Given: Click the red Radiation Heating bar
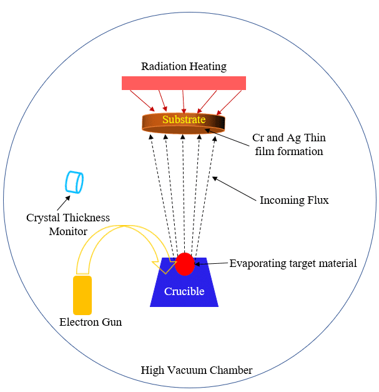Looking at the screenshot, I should (184, 83).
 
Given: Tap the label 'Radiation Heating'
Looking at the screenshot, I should (184, 66).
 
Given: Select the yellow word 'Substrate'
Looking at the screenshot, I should (184, 119).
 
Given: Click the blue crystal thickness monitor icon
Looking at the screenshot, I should (74, 181).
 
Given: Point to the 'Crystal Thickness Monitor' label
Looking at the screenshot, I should (68, 224).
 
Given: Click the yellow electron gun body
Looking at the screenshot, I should (82, 294).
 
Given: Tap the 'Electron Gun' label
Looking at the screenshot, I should (91, 323).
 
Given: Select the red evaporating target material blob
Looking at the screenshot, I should (184, 264).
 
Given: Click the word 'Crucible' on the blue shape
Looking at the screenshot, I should (184, 291).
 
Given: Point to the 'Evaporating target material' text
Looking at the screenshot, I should (293, 263).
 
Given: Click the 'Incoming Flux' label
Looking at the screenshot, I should (294, 201).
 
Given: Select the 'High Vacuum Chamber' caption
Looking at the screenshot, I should (197, 371).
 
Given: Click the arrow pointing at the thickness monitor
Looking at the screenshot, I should (64, 203).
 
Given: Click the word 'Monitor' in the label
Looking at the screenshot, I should (68, 231).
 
